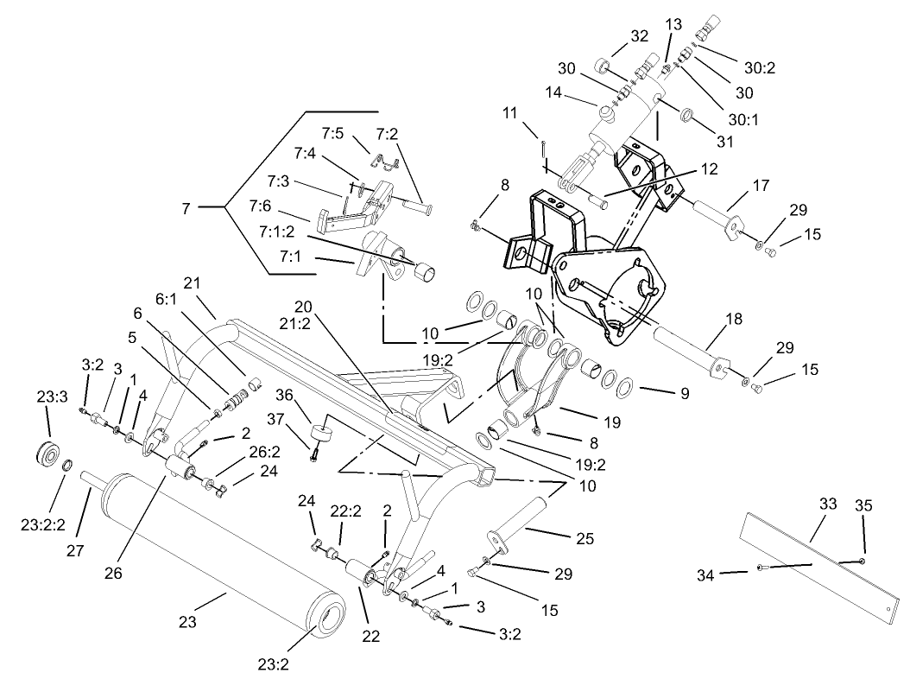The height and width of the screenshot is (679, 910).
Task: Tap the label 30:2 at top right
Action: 759,68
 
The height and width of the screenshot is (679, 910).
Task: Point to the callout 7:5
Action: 333,133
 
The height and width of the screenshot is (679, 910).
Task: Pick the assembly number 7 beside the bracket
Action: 186,207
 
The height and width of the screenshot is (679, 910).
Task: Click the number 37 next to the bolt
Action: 300,419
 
